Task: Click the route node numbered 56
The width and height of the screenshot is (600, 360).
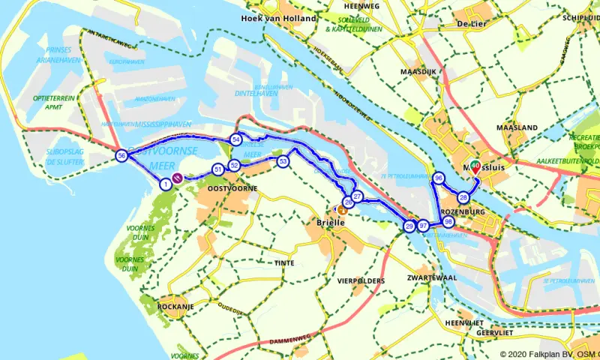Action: click(x=121, y=155)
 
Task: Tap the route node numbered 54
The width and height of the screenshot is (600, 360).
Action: click(x=235, y=139)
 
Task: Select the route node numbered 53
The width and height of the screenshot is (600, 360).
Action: click(x=283, y=161)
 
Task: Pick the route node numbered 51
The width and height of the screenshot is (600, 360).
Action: click(x=217, y=169)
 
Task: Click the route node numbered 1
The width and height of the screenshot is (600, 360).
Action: click(x=166, y=184)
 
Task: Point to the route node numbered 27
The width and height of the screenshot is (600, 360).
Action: click(x=358, y=196)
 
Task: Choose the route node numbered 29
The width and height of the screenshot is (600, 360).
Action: click(x=409, y=226)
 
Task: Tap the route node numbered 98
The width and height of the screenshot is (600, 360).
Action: click(x=448, y=222)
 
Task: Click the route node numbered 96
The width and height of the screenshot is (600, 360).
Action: click(x=439, y=178)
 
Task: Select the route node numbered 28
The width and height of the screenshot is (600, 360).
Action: click(x=463, y=197)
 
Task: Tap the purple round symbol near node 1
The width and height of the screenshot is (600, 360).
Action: click(x=178, y=178)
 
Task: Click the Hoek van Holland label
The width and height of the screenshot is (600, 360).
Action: click(x=274, y=18)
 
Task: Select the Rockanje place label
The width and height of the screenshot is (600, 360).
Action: click(x=177, y=307)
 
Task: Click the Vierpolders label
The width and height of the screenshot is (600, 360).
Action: click(x=361, y=281)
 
